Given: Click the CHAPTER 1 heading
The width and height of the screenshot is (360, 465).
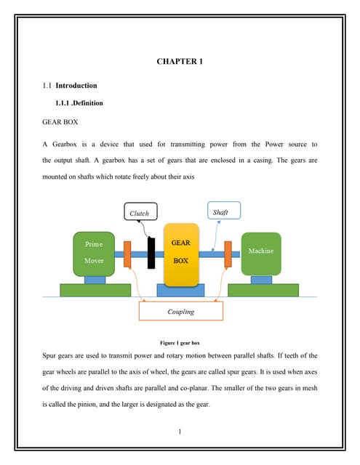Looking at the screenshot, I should pos(180,62).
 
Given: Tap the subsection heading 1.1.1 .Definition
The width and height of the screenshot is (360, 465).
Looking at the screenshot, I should pos(79,103).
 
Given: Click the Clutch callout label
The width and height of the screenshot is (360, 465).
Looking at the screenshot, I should pos(139,214).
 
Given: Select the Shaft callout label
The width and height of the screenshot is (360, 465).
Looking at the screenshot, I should pos(220,212).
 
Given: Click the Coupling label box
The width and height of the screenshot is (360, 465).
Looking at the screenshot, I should pos(180,312).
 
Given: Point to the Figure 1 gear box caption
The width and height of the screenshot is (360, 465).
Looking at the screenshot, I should pos(180,341).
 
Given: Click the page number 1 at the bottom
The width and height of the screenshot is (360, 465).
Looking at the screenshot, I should pos(180,434).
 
